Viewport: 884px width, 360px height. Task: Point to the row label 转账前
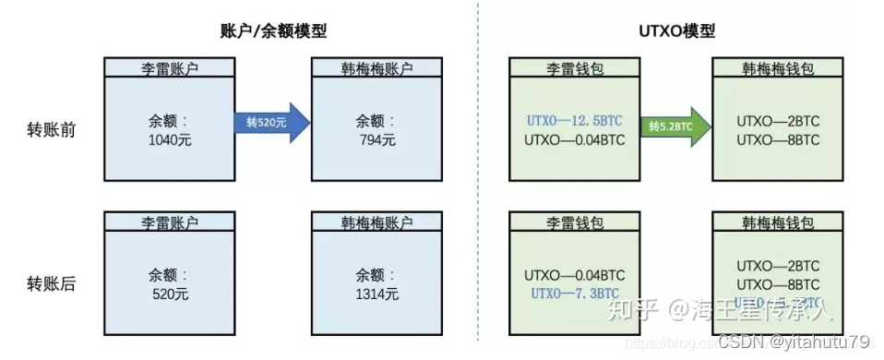point(52,130)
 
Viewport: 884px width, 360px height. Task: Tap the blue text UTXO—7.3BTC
point(574,294)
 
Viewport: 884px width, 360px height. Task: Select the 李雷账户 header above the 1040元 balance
point(168,68)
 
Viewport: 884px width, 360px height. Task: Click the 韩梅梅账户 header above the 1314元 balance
point(376,222)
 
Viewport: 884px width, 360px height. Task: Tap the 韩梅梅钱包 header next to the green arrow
point(779,68)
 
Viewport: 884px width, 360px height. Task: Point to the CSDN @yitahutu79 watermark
point(794,342)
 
